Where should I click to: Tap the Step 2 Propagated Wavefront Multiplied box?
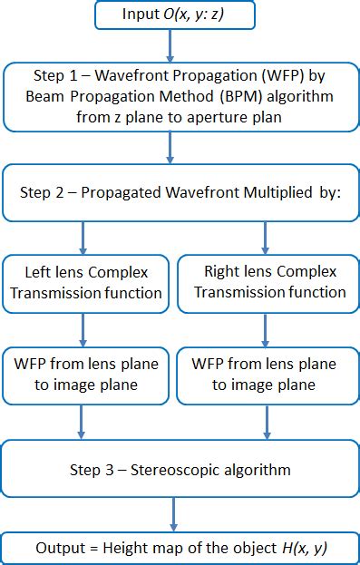(x=180, y=193)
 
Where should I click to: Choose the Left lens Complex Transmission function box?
(x=83, y=281)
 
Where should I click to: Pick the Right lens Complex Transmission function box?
(x=268, y=281)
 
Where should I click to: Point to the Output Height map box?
(x=180, y=549)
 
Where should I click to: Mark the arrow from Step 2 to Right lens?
(x=265, y=238)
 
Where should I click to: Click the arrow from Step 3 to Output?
(x=174, y=516)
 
